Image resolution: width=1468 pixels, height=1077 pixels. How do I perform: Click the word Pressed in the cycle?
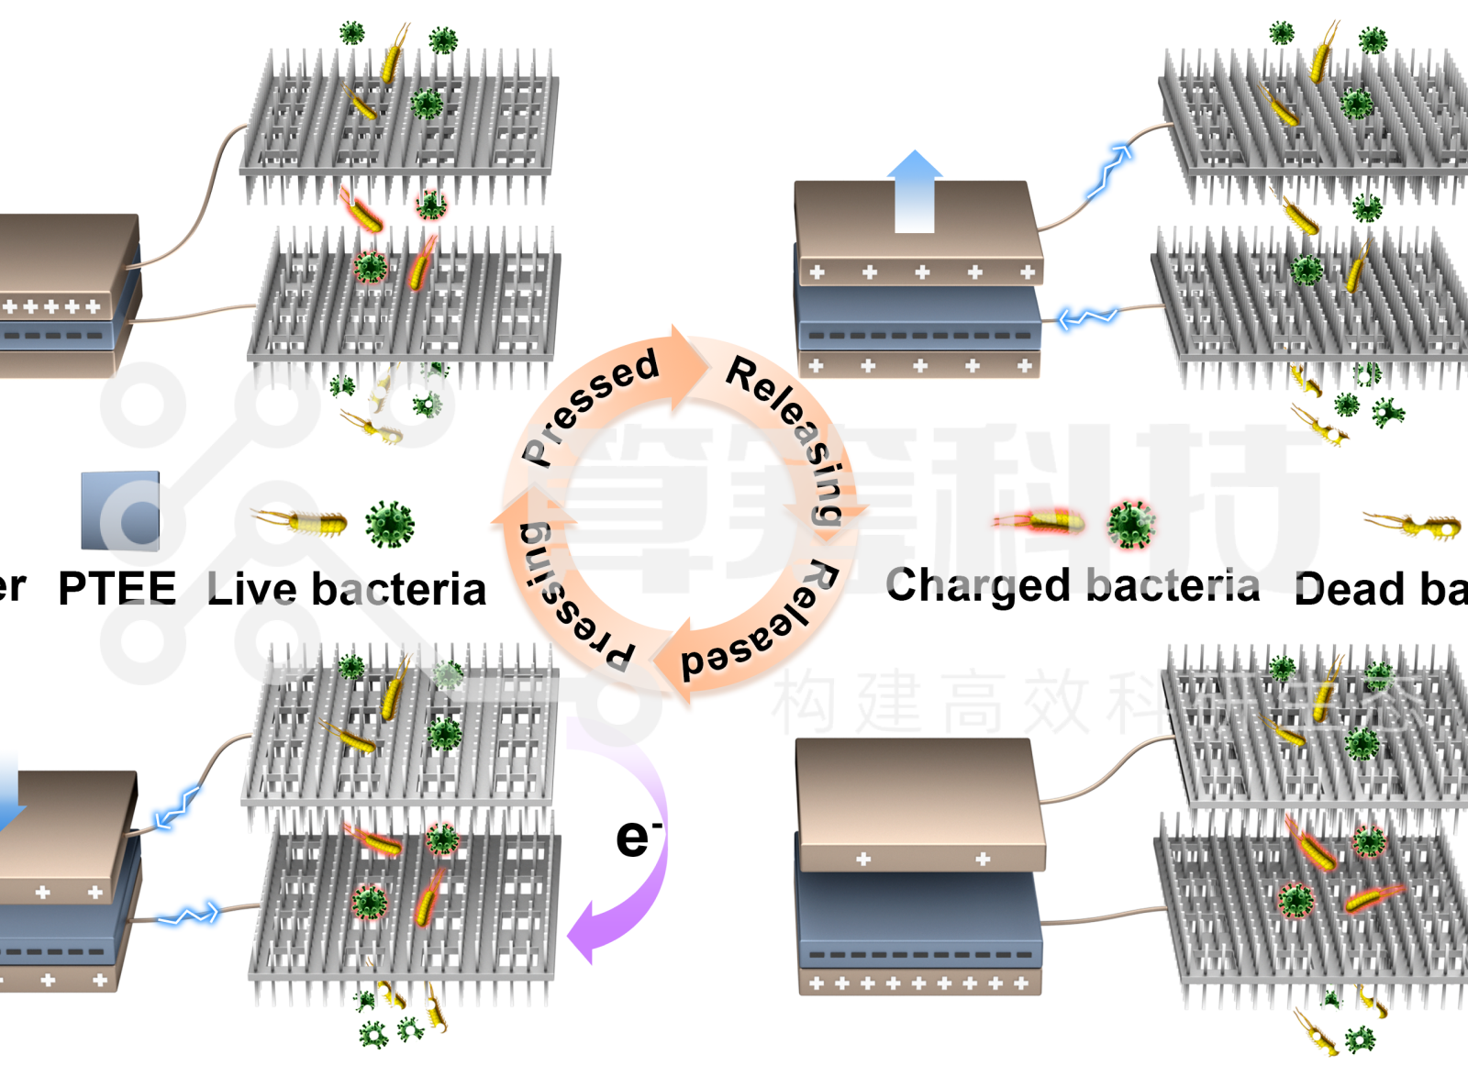(x=589, y=404)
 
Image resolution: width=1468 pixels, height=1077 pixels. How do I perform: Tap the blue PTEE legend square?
(x=120, y=511)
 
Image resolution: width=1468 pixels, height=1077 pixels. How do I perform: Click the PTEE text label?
(x=117, y=588)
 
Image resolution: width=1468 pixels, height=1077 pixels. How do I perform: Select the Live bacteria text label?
(x=346, y=589)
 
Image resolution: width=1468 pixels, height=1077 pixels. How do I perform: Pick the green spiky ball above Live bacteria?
(x=390, y=524)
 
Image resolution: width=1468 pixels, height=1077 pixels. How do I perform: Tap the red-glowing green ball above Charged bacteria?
(x=1130, y=524)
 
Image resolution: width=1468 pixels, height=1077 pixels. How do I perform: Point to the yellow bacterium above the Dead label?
(x=1413, y=526)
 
